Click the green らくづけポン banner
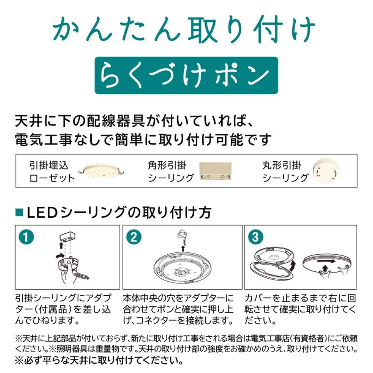(186, 75)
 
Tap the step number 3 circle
(256, 237)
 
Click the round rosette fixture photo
(102, 171)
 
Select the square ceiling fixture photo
(215, 172)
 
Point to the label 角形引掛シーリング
(170, 171)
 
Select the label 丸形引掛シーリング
(285, 171)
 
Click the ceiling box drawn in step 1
(68, 237)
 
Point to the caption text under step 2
(178, 309)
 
